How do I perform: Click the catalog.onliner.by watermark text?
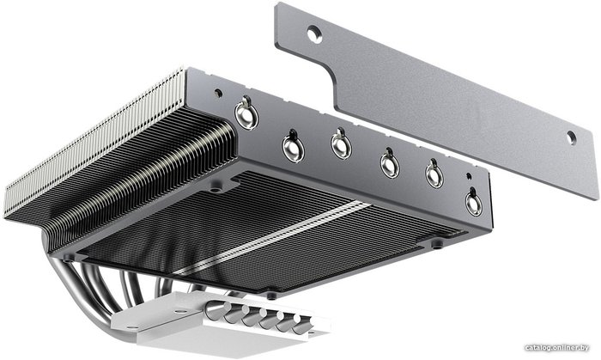coord(557,348)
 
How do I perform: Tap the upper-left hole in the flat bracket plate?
coord(315,34)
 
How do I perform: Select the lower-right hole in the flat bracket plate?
coord(571,137)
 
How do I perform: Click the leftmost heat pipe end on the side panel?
coord(246,114)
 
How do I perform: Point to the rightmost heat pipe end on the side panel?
coord(474,203)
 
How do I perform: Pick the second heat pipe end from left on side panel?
coord(294,148)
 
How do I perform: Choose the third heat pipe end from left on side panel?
coord(341,145)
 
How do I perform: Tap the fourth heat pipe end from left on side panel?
coord(390,164)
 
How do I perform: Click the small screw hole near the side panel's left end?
coord(218,93)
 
